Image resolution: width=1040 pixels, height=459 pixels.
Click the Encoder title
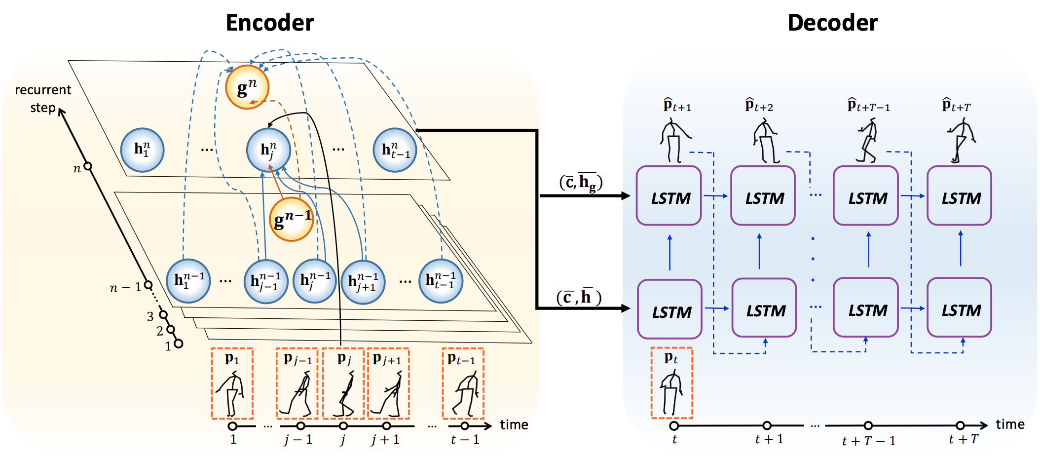(x=269, y=23)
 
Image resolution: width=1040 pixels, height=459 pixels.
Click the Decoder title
(x=832, y=23)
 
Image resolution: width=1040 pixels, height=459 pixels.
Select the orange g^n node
(x=247, y=87)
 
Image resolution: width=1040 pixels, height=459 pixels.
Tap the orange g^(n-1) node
(x=292, y=219)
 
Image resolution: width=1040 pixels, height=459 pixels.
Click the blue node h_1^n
(x=142, y=150)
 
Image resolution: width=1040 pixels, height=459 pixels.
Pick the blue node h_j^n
(x=268, y=150)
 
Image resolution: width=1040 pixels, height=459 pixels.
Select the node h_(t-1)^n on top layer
(x=395, y=150)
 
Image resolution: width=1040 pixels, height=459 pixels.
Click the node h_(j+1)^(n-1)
(x=363, y=282)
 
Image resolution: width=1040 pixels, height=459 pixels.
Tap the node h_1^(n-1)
(x=188, y=281)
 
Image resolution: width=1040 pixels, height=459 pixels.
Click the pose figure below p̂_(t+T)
(x=960, y=141)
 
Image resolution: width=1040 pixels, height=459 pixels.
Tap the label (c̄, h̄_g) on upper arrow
(x=581, y=182)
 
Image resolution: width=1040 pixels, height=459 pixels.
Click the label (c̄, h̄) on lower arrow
(x=579, y=297)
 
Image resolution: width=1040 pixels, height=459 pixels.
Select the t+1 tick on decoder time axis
(x=767, y=425)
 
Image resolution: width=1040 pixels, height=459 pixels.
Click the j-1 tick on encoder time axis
(x=300, y=426)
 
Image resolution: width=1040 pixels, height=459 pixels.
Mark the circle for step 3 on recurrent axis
(x=163, y=315)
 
